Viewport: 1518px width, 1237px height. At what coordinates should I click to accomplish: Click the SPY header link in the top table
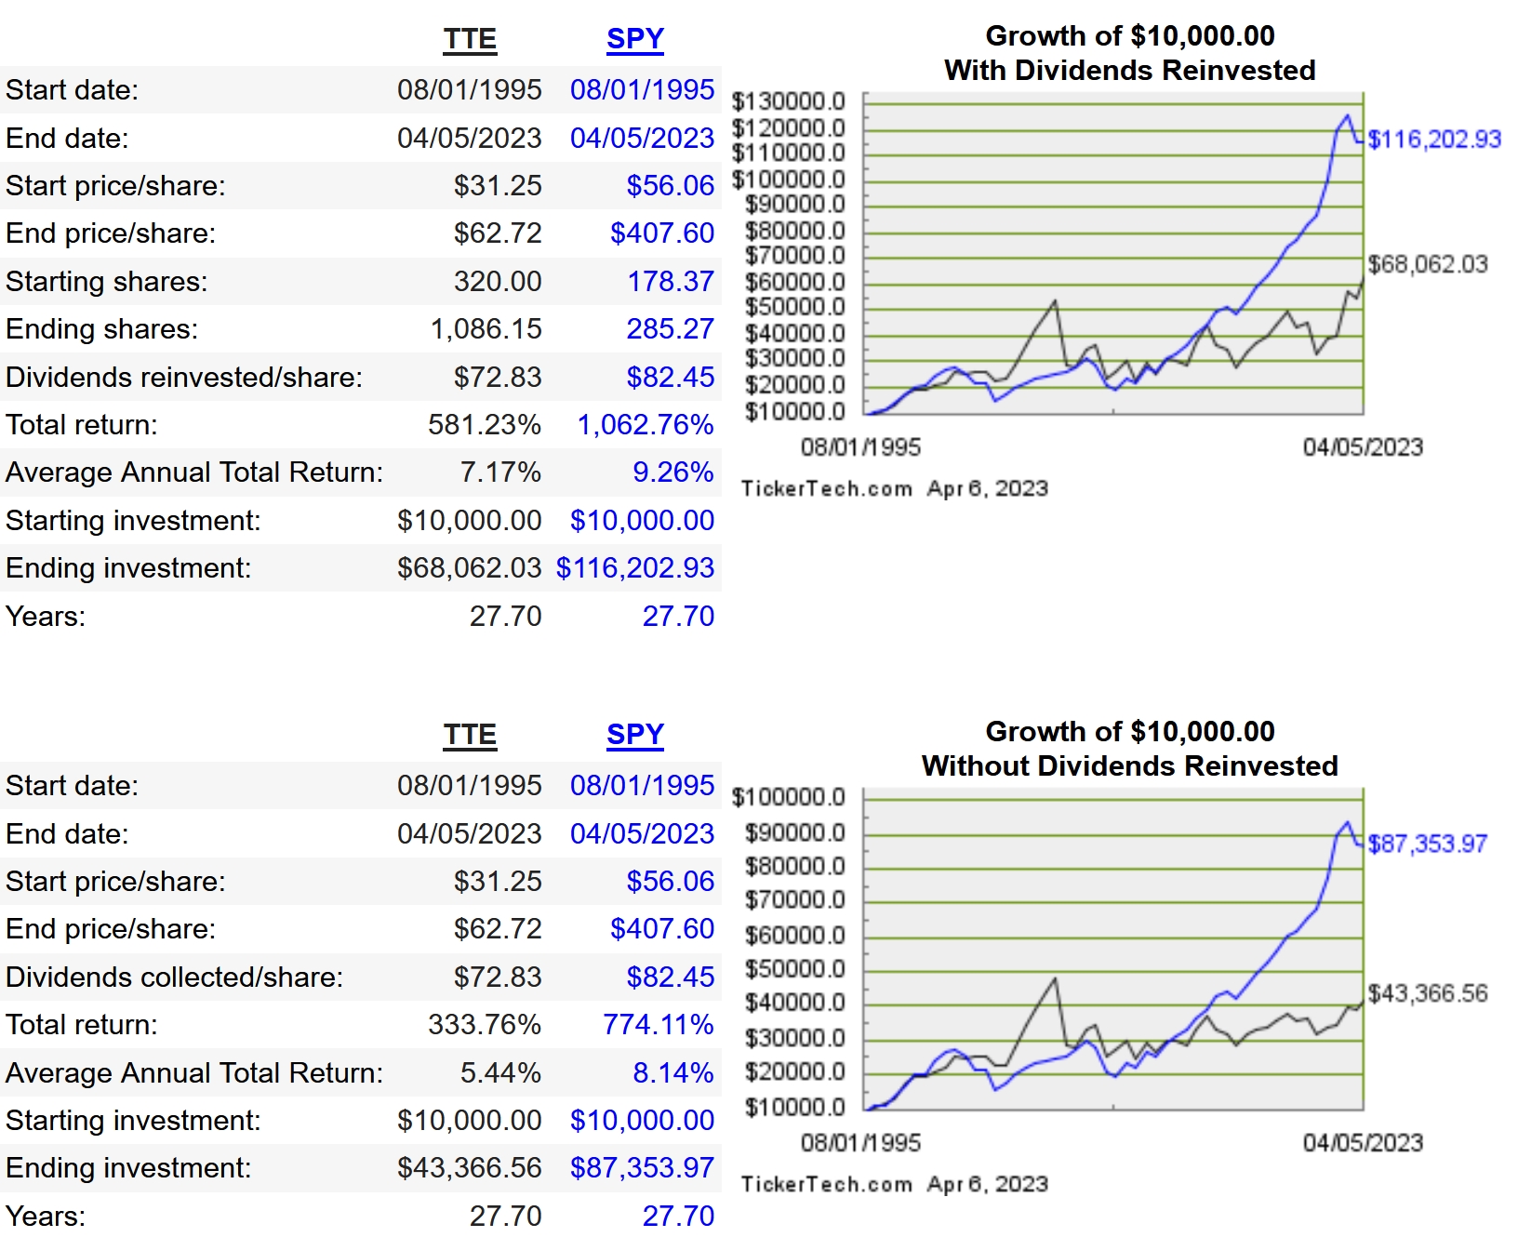pyautogui.click(x=634, y=39)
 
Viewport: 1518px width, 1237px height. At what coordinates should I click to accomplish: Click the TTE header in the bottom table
pyautogui.click(x=470, y=735)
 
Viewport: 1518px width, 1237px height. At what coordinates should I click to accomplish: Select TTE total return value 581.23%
pyautogui.click(x=484, y=425)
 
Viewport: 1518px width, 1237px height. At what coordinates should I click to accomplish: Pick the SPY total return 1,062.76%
pyautogui.click(x=645, y=425)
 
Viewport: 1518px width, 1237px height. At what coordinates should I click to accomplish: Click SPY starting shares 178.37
pyautogui.click(x=670, y=281)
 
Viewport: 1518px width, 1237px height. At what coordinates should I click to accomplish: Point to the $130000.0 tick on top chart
pyautogui.click(x=788, y=100)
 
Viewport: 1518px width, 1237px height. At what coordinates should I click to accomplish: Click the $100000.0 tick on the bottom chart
pyautogui.click(x=788, y=797)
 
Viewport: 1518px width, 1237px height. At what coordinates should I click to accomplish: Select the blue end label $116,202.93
pyautogui.click(x=1433, y=140)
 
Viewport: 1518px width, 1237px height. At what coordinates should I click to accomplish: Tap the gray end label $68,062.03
pyautogui.click(x=1427, y=264)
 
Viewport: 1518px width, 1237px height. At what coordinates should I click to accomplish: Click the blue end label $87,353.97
pyautogui.click(x=1427, y=844)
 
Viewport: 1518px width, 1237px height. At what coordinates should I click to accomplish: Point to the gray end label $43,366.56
pyautogui.click(x=1427, y=993)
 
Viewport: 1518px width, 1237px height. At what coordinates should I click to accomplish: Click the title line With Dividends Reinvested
pyautogui.click(x=1129, y=71)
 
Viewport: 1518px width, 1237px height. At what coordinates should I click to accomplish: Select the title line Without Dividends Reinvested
pyautogui.click(x=1129, y=766)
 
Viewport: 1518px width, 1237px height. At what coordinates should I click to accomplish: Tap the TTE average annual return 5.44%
pyautogui.click(x=499, y=1072)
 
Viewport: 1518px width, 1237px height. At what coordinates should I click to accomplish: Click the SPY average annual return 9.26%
pyautogui.click(x=672, y=472)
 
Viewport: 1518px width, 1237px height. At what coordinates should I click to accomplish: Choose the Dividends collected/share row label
pyautogui.click(x=175, y=977)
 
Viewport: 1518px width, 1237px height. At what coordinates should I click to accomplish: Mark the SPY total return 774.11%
pyautogui.click(x=658, y=1025)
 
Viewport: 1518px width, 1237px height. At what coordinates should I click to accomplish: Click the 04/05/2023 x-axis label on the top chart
pyautogui.click(x=1362, y=447)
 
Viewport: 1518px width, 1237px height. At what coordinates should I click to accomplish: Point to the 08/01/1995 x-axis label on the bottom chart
pyautogui.click(x=860, y=1143)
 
